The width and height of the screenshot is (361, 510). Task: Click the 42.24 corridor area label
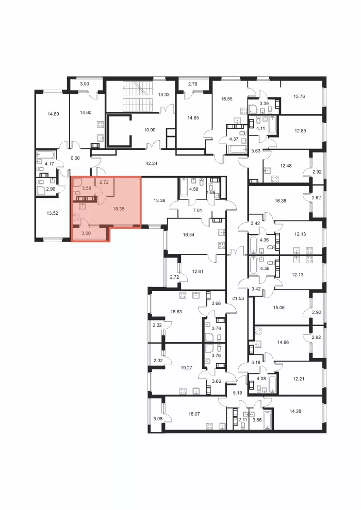[x=152, y=163]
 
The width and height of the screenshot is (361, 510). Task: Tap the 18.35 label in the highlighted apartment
[x=119, y=209]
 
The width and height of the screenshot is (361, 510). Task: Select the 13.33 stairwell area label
[x=163, y=95]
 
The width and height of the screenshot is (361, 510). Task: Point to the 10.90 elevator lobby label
[x=150, y=130]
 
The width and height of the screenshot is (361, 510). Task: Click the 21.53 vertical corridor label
[x=238, y=298]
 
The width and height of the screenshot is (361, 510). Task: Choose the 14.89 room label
[x=53, y=114]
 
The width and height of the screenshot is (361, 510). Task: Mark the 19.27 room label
[x=186, y=368]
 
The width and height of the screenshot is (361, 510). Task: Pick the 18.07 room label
[x=194, y=414]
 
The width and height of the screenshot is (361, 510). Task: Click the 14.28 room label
[x=295, y=411]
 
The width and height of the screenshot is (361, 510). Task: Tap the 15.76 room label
[x=299, y=96]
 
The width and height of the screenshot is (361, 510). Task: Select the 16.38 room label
[x=280, y=201]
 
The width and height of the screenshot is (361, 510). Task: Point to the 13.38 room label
[x=159, y=200]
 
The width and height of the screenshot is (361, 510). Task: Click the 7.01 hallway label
[x=198, y=211]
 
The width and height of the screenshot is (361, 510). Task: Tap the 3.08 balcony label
[x=158, y=419]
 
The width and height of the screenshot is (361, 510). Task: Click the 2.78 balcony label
[x=193, y=84]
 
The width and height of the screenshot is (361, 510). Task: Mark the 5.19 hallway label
[x=238, y=393]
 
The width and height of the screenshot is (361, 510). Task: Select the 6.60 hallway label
[x=75, y=158]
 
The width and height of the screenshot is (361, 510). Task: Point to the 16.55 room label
[x=226, y=98]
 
